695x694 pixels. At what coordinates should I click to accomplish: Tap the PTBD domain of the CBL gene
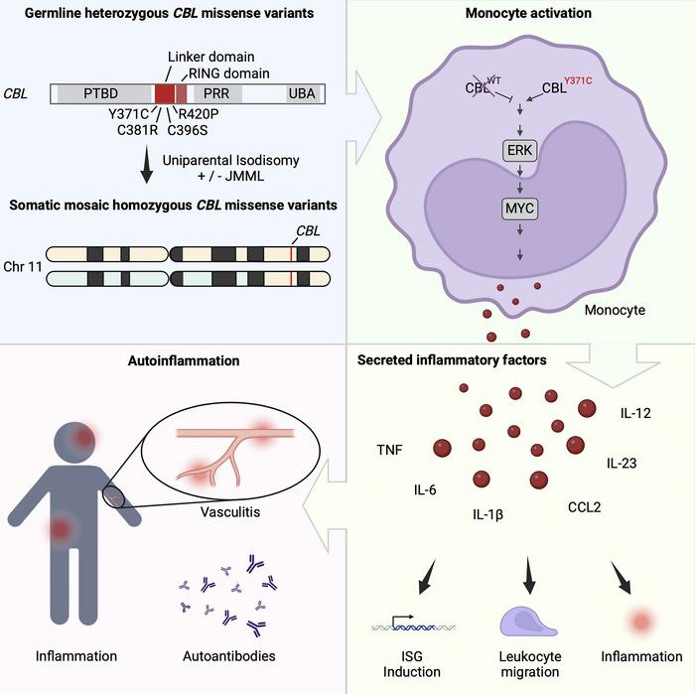106,93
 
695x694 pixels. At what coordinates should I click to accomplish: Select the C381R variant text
134,128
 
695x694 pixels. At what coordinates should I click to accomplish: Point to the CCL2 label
586,506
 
